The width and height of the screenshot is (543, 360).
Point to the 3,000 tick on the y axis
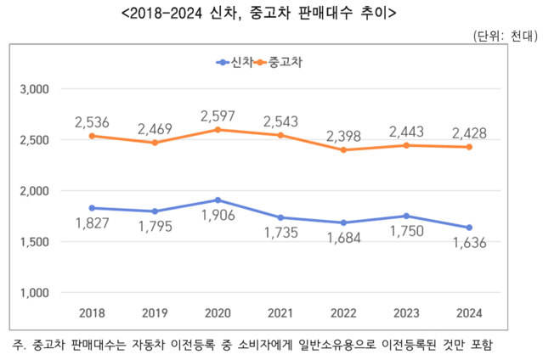pyautogui.click(x=35, y=89)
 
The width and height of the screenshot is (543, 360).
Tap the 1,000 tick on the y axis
pyautogui.click(x=35, y=293)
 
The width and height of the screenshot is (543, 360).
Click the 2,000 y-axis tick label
pyautogui.click(x=35, y=191)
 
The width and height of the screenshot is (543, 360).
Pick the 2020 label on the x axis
pyautogui.click(x=218, y=313)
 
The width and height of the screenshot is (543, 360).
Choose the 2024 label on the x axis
pyautogui.click(x=469, y=313)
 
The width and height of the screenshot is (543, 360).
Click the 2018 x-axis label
pyautogui.click(x=93, y=313)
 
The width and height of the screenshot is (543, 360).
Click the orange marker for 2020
pyautogui.click(x=218, y=130)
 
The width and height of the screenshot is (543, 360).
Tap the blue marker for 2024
pyautogui.click(x=469, y=228)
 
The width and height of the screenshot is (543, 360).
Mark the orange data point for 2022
pyautogui.click(x=344, y=150)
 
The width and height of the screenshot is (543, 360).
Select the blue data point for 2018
pyautogui.click(x=93, y=208)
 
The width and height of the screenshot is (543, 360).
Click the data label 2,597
pyautogui.click(x=218, y=114)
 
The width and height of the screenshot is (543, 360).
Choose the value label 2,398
pyautogui.click(x=344, y=134)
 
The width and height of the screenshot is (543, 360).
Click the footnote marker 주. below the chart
pyautogui.click(x=20, y=345)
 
